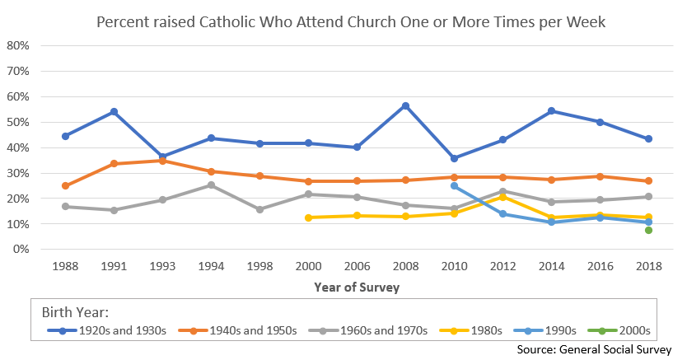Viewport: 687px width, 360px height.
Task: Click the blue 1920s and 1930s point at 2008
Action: coord(405,106)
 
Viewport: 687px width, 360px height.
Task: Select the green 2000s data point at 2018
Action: coord(649,231)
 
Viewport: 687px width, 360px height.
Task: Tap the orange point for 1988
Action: coord(65,186)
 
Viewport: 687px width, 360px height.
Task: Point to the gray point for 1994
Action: coord(211,185)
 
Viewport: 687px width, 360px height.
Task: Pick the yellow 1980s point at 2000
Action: coord(308,217)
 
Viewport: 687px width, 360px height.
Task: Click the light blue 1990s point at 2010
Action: coord(454,186)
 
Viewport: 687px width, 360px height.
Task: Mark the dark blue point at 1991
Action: coord(114,112)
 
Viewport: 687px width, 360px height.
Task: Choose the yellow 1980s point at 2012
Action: coord(502,197)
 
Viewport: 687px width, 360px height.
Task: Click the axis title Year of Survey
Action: coord(357,288)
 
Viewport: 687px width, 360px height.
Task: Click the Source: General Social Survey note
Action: coord(595,349)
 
